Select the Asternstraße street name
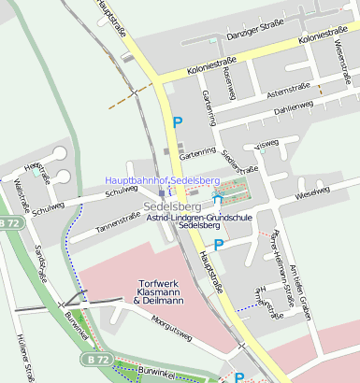287,91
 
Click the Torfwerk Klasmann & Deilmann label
160,291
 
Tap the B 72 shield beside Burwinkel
94,359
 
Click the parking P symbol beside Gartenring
177,121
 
